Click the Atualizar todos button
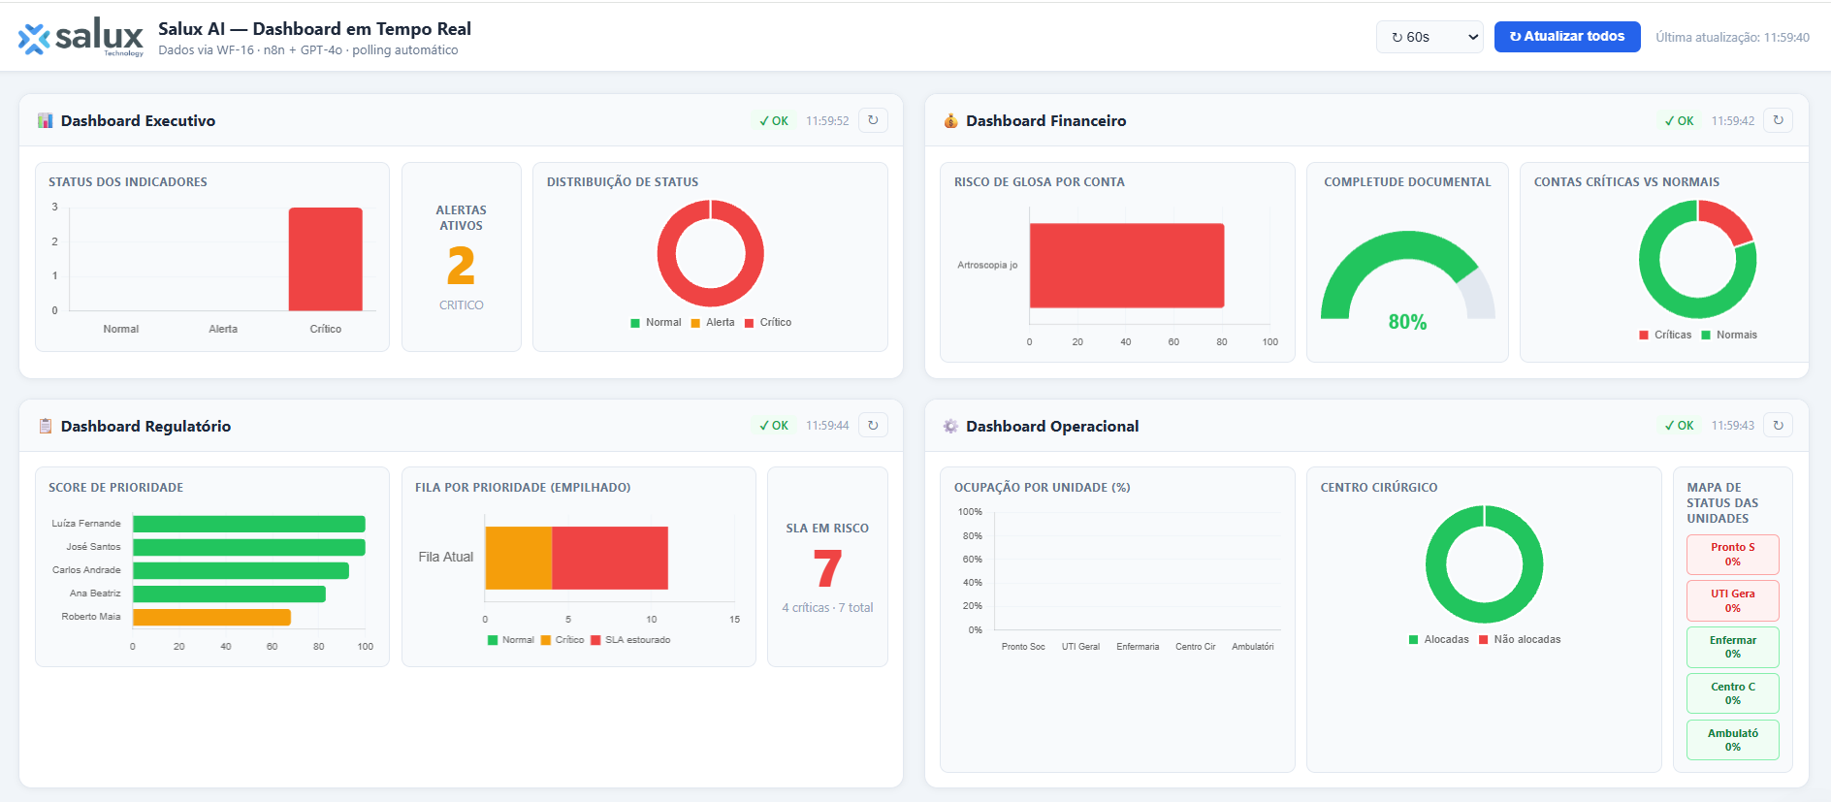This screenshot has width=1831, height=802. pyautogui.click(x=1566, y=37)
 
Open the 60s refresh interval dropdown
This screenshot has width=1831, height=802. pyautogui.click(x=1429, y=37)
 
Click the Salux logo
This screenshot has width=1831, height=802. pyautogui.click(x=80, y=38)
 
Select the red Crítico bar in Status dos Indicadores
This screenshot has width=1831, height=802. pyautogui.click(x=325, y=259)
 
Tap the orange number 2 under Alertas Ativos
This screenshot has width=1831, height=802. pyautogui.click(x=461, y=266)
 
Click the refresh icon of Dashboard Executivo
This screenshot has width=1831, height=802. pyautogui.click(x=873, y=120)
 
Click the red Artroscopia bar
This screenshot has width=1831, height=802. pyautogui.click(x=1126, y=265)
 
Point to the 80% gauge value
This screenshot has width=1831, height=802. pyautogui.click(x=1407, y=322)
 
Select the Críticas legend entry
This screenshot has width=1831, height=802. pyautogui.click(x=1665, y=336)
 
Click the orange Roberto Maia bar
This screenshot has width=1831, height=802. pyautogui.click(x=211, y=617)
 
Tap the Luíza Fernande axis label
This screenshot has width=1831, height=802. pyautogui.click(x=86, y=524)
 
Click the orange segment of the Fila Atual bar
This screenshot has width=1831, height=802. pyautogui.click(x=519, y=558)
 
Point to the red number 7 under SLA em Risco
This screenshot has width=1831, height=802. pyautogui.click(x=827, y=568)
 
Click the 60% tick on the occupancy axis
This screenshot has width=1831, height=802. pyautogui.click(x=972, y=560)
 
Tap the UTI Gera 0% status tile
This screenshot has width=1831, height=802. pyautogui.click(x=1732, y=600)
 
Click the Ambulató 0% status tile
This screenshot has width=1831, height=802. pyautogui.click(x=1732, y=740)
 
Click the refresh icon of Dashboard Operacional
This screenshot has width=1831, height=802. pyautogui.click(x=1778, y=425)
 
